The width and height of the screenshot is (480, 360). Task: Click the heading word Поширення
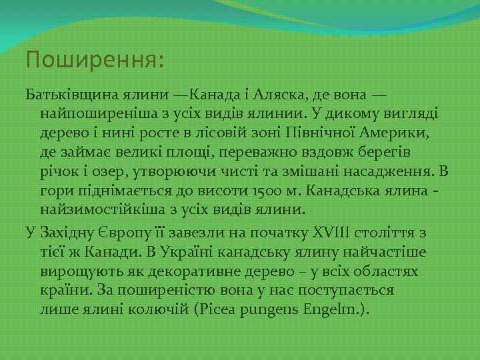(x=93, y=61)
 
